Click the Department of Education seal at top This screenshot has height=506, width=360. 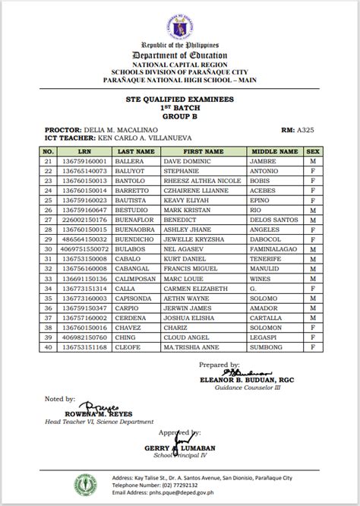(x=179, y=20)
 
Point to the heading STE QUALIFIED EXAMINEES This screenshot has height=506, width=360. (x=179, y=99)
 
